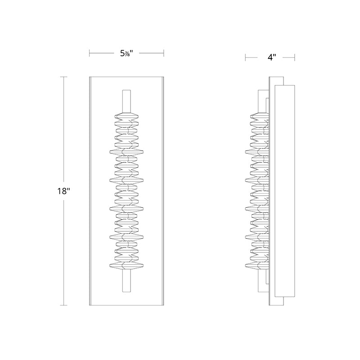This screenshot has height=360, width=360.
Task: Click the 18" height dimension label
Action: click(x=63, y=191)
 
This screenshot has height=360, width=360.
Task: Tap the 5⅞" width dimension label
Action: click(x=126, y=54)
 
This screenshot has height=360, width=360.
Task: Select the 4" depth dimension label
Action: click(x=272, y=57)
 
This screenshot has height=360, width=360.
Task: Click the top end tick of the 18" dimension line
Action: click(x=63, y=77)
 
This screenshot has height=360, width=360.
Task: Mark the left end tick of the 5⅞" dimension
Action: click(x=90, y=53)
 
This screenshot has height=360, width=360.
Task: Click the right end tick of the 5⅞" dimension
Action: click(x=163, y=53)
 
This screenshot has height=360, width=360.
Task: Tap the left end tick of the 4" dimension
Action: click(x=245, y=58)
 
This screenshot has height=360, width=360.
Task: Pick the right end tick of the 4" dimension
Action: click(x=295, y=58)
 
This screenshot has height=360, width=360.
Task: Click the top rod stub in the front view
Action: click(x=126, y=101)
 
